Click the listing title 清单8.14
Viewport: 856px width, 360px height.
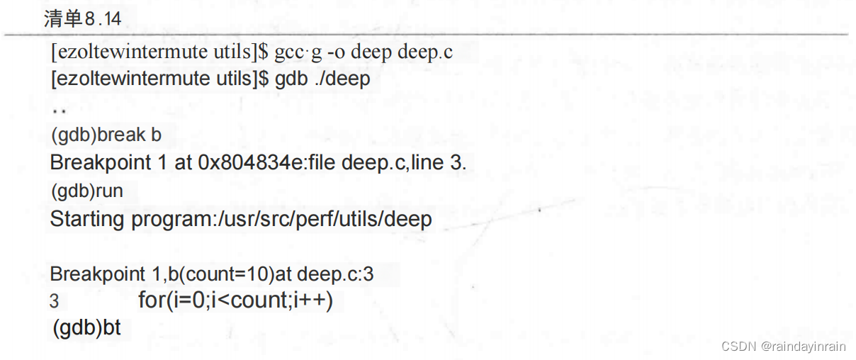tap(82, 19)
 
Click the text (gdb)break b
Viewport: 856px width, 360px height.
tap(106, 134)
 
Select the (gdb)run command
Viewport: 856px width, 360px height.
tap(87, 191)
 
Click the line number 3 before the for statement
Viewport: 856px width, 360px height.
tap(55, 301)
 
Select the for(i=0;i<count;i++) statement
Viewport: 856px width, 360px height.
tap(235, 300)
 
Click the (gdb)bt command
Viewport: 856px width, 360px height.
tap(87, 328)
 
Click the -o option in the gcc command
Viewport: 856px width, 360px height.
tap(335, 52)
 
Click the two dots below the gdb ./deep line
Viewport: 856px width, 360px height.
tap(59, 111)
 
